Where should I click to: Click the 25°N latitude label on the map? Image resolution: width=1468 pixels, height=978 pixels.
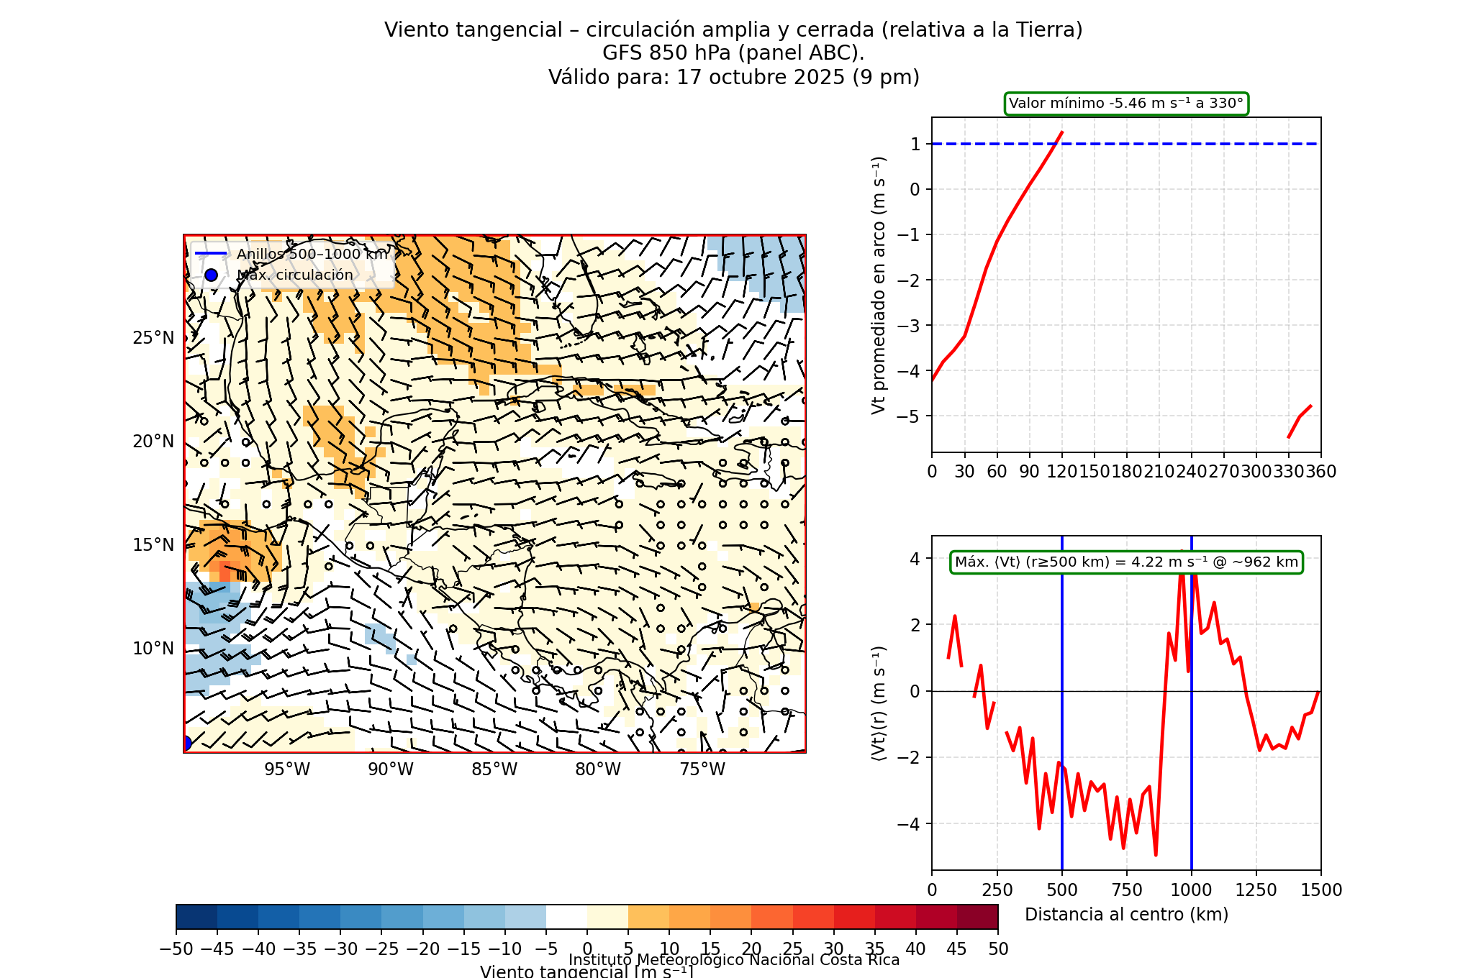(153, 338)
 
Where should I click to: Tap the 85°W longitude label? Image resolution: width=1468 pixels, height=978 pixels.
(494, 769)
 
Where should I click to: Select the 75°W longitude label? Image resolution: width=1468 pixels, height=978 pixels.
(702, 769)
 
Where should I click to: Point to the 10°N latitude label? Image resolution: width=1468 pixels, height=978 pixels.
(153, 649)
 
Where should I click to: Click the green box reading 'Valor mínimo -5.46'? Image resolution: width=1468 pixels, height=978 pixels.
(1126, 104)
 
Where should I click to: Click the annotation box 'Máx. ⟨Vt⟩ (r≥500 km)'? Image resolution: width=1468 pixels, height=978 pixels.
(1126, 562)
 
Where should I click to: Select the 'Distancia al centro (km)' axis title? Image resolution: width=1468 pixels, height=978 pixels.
(1126, 915)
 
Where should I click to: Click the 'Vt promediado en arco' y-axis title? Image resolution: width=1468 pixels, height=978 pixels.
(879, 285)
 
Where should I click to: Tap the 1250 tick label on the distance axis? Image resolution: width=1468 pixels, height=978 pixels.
(1256, 890)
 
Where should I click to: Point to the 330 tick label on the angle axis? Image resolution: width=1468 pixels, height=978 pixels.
(1288, 472)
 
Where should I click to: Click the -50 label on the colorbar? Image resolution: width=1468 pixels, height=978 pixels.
(176, 949)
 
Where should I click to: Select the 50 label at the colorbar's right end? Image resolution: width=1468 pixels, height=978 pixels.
(998, 949)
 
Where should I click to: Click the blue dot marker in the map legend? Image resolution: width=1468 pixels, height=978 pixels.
(211, 275)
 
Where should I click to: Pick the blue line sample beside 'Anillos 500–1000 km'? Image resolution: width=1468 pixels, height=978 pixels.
(211, 254)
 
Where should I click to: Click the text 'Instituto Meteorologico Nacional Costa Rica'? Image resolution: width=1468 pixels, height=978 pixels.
(734, 960)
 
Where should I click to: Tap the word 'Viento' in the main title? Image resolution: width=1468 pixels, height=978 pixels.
(413, 30)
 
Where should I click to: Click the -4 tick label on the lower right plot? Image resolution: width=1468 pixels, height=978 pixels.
(908, 824)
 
